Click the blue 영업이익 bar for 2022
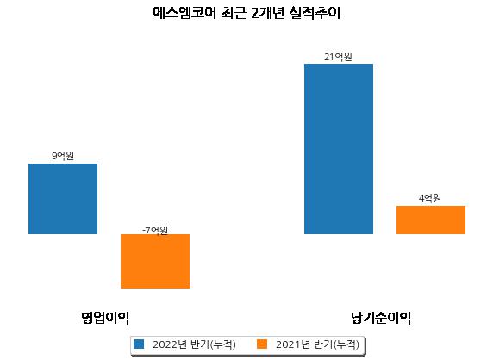coord(63,199)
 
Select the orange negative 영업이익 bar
coord(155,261)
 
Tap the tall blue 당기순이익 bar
coord(339,149)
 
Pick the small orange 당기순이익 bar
coord(431,220)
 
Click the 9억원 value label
coord(63,156)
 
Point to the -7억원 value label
coord(155,231)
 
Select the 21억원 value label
coord(339,57)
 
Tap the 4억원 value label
coord(430,198)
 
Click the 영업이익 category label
coord(105,318)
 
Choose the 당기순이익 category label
coord(381,318)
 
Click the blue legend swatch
coord(139,344)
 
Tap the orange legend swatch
coord(262,344)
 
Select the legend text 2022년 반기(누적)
coord(194,344)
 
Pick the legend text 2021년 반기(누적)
coord(317,344)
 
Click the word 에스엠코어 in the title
coord(184,13)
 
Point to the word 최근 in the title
coord(234,13)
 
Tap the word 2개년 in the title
coord(268,13)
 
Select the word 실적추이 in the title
coord(315,13)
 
